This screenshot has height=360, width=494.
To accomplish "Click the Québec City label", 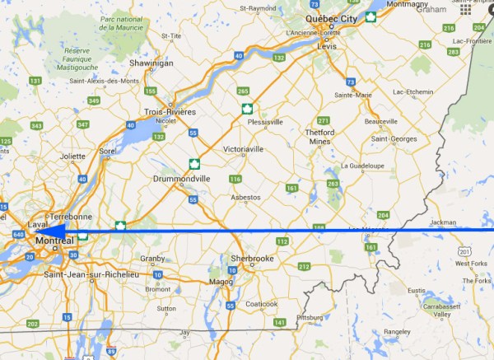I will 332,17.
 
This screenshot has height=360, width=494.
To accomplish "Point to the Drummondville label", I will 182,178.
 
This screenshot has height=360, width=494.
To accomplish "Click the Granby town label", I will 152,258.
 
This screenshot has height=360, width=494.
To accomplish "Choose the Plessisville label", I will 265,120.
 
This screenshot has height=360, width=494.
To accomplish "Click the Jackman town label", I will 443,222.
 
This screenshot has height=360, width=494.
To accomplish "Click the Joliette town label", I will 72,155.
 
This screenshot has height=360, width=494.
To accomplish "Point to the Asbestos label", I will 245,198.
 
